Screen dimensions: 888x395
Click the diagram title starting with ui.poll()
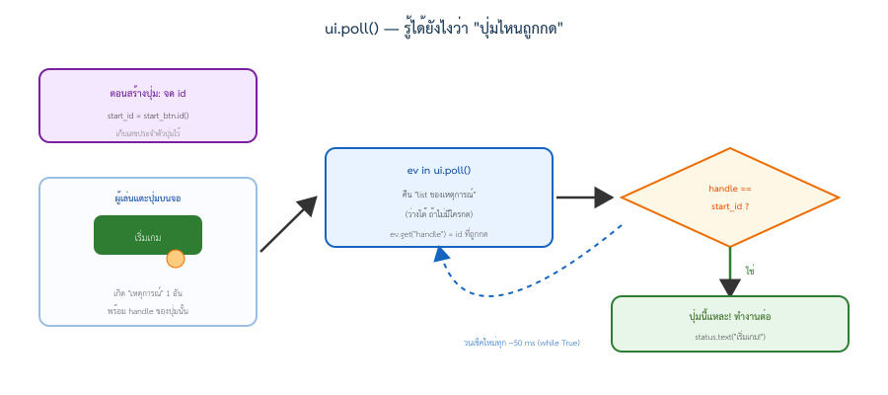(443, 29)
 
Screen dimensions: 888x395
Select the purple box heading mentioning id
(148, 94)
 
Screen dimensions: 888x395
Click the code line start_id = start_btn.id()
(148, 116)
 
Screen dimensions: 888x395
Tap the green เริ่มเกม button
(148, 235)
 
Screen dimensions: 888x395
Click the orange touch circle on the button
(176, 259)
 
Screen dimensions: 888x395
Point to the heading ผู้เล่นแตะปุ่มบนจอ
(148, 198)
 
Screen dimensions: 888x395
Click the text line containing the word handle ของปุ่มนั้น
(148, 311)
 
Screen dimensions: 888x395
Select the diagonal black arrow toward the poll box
(288, 224)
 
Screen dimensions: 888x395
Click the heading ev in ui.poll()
(439, 170)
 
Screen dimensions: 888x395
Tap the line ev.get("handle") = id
(439, 233)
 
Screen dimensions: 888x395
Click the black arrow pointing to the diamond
(585, 197)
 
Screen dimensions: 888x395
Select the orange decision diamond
(730, 197)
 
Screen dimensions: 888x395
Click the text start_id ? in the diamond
(730, 206)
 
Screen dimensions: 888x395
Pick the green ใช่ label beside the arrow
(750, 271)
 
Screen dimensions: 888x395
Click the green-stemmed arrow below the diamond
(730, 272)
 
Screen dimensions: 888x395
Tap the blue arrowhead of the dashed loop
(442, 254)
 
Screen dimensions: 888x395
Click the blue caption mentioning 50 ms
(522, 343)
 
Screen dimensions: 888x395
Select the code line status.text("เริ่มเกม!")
(730, 337)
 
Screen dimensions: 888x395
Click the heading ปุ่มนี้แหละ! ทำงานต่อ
(730, 316)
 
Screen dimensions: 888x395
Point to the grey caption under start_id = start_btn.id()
(148, 133)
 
